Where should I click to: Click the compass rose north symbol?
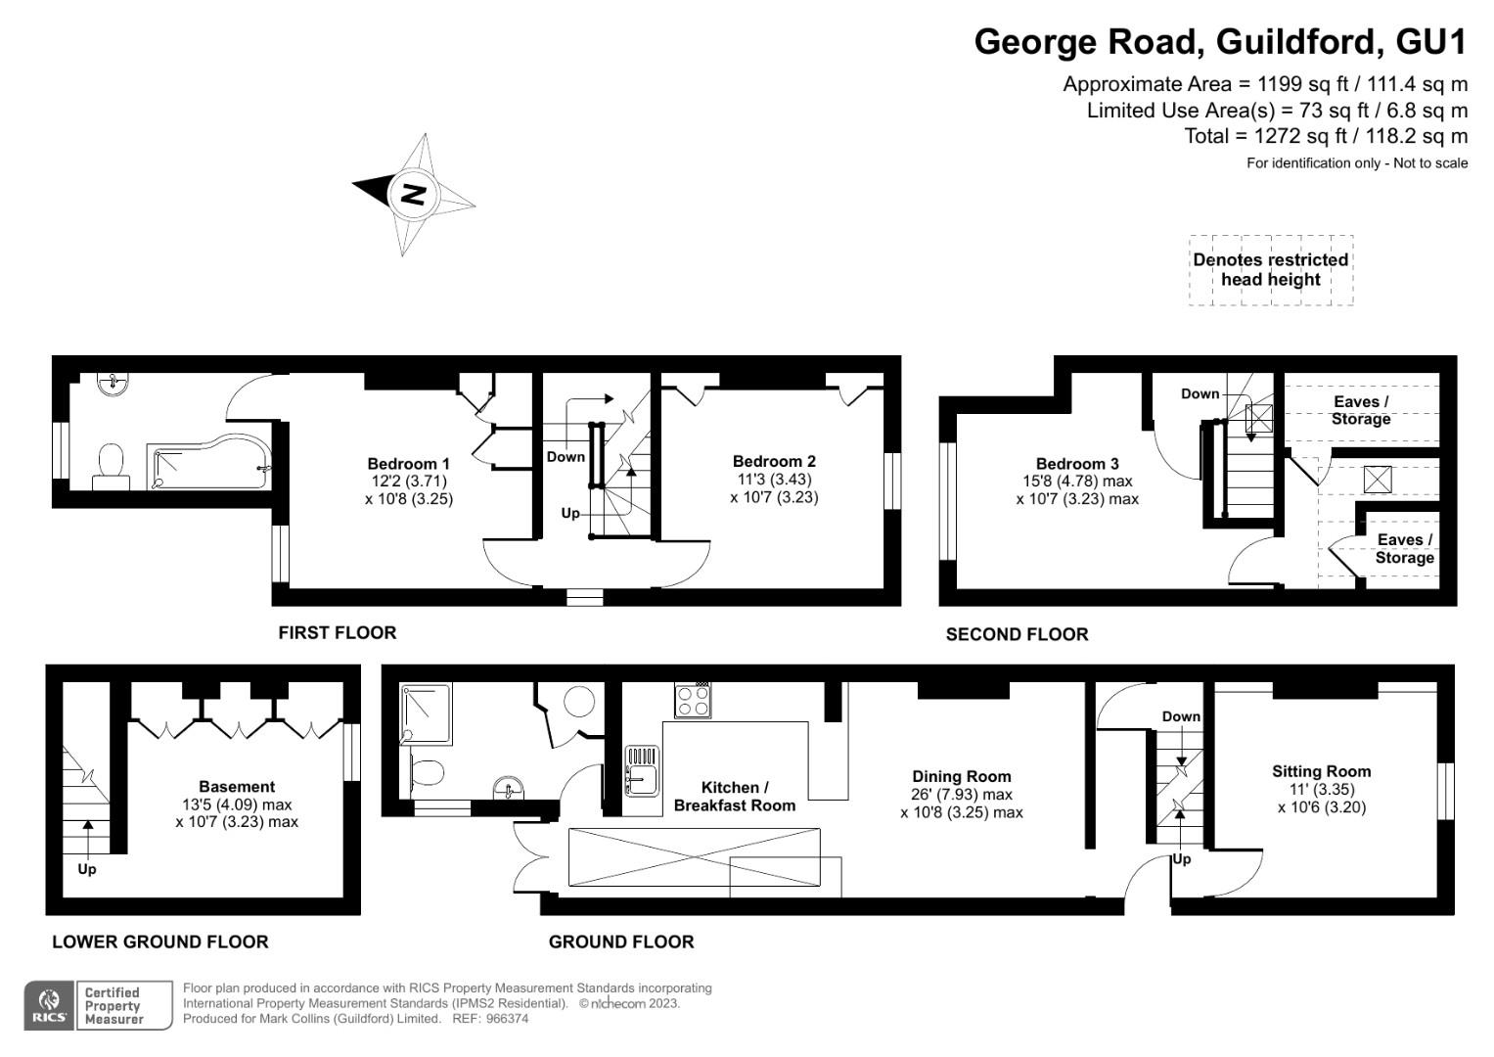point(414,193)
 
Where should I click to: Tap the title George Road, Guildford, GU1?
point(1220,42)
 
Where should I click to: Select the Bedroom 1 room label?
point(408,464)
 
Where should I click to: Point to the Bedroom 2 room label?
point(774,461)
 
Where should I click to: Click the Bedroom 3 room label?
point(1077,464)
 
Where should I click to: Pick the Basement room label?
point(237,786)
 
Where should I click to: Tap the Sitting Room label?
point(1321,771)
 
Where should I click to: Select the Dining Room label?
point(961,776)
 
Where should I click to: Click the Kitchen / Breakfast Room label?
point(734,796)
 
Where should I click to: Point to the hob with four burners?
point(693,701)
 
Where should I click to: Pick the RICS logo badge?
point(48,1005)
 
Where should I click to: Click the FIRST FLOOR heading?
point(338,632)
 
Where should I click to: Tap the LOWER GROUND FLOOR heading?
point(159,942)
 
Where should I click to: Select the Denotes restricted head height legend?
point(1270,269)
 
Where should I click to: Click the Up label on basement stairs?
point(87,869)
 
